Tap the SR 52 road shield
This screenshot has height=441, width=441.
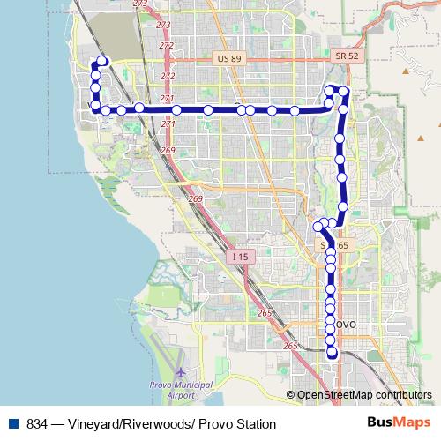coord(347,56)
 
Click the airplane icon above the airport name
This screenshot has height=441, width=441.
coord(181,375)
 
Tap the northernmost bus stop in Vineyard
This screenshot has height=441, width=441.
coord(102,61)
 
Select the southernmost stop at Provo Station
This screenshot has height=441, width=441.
coord(333,353)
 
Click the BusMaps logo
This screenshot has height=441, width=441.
coord(399,423)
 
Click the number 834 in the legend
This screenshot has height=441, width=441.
coord(37,424)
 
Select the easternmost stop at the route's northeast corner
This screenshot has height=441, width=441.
coord(344,92)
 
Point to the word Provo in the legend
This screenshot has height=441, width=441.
coord(210,424)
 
